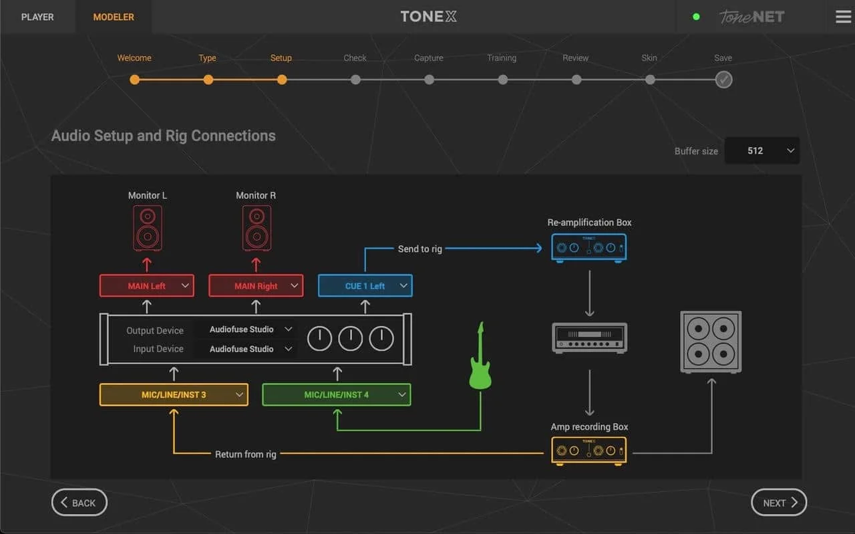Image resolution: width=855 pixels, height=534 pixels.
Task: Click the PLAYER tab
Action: pos(37,17)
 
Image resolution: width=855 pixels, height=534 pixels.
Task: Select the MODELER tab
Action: pos(114,17)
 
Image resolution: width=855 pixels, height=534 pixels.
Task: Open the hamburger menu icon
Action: pos(843,17)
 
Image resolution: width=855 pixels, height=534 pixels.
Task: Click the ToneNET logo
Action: pos(751,17)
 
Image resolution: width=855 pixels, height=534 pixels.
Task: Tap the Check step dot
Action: pos(355,80)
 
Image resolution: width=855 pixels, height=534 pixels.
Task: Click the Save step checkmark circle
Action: pos(723,80)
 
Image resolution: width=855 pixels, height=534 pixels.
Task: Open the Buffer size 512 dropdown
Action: pos(762,150)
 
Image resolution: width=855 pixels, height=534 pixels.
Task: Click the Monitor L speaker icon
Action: pos(148,228)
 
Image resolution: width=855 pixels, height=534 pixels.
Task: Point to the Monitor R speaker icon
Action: pos(256,228)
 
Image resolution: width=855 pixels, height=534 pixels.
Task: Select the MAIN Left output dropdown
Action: pos(147,285)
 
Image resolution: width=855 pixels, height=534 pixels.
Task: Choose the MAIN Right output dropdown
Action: pos(256,285)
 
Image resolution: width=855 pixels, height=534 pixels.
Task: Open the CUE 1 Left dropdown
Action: pos(365,285)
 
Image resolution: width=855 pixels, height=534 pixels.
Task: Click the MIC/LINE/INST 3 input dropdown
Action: pos(174,394)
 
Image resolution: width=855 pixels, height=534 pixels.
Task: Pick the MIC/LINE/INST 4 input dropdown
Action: pos(337,394)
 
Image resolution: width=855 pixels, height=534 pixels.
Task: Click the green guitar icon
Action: pos(480,358)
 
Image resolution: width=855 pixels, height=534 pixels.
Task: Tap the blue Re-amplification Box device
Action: pos(589,247)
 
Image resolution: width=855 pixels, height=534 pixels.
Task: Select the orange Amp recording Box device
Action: pos(589,450)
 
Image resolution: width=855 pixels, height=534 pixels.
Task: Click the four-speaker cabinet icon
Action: pos(711,342)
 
